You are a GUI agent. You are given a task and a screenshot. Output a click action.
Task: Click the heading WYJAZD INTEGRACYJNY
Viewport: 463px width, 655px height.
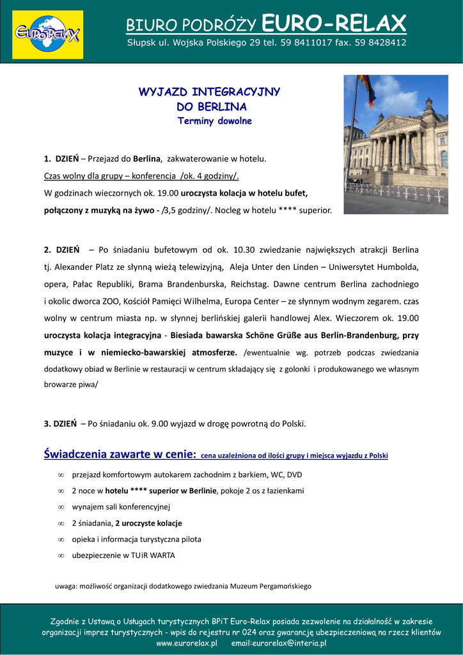click(x=209, y=91)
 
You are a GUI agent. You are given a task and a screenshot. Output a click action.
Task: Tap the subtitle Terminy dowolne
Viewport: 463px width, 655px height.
click(x=214, y=121)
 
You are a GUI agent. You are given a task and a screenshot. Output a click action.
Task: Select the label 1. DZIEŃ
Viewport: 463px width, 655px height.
click(x=61, y=159)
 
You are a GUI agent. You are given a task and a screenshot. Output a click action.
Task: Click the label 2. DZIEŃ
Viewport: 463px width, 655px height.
click(x=61, y=249)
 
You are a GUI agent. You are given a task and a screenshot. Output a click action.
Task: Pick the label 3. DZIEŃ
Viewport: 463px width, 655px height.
click(x=60, y=423)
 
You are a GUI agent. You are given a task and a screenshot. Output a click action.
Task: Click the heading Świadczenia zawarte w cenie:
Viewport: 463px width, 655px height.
click(x=120, y=455)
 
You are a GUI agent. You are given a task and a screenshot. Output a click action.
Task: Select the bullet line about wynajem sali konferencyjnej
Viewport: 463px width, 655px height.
click(x=121, y=507)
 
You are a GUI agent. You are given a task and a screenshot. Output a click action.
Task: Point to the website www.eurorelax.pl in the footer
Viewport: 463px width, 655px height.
click(x=187, y=643)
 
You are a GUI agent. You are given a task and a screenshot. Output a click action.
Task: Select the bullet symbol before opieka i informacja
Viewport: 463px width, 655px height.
click(x=61, y=539)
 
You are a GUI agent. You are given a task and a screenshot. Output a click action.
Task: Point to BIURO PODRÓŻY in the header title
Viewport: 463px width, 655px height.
click(x=191, y=26)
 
